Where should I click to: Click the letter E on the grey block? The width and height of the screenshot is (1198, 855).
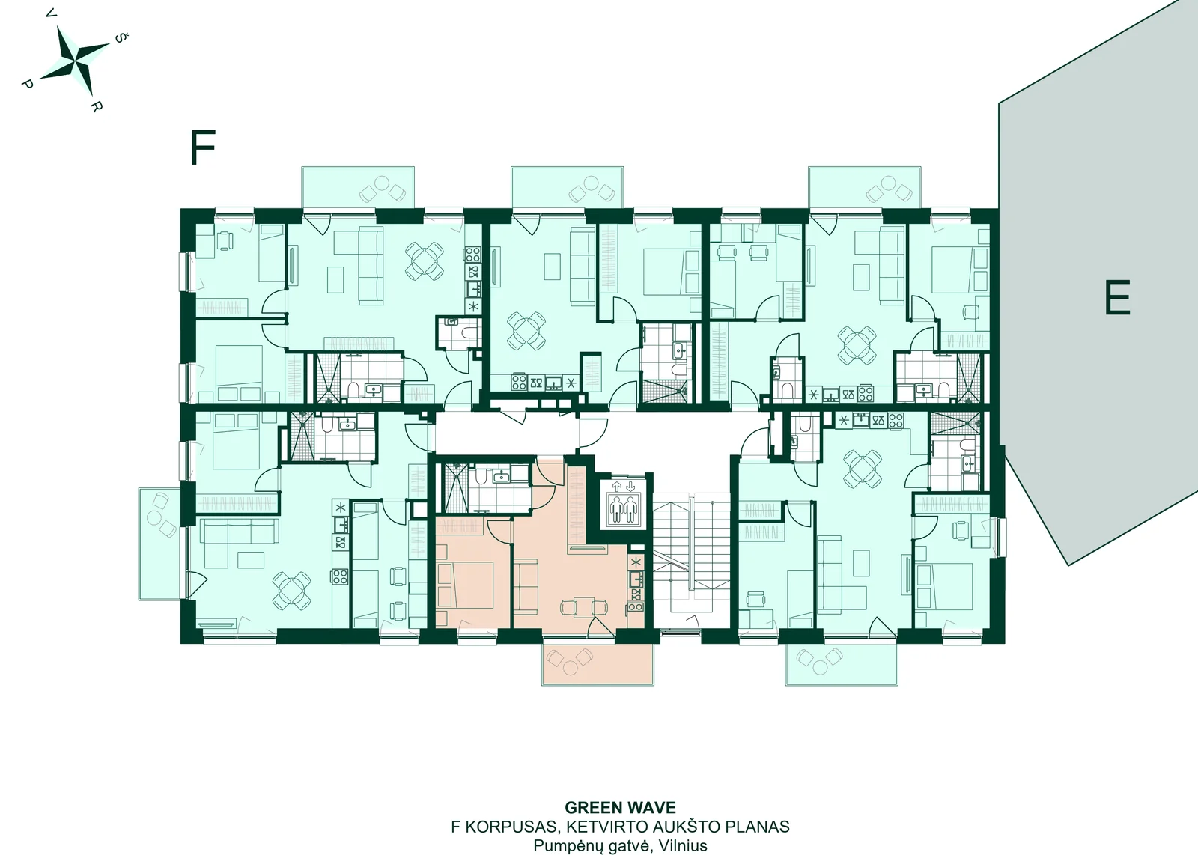1117,297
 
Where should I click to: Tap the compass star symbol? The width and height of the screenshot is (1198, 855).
78,61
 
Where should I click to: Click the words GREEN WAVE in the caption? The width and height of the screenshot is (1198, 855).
621,807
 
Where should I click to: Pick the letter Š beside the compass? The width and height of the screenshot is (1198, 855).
121,38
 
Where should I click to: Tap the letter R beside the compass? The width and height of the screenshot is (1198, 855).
95,106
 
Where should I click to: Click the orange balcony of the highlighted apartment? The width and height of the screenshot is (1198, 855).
598,663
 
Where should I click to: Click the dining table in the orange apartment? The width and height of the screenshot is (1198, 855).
584,607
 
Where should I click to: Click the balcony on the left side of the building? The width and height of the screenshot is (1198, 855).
159,544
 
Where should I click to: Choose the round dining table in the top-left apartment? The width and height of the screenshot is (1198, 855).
424,261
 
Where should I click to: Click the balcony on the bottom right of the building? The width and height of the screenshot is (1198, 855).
842,663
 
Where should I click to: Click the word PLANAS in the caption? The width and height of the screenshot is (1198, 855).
757,826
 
